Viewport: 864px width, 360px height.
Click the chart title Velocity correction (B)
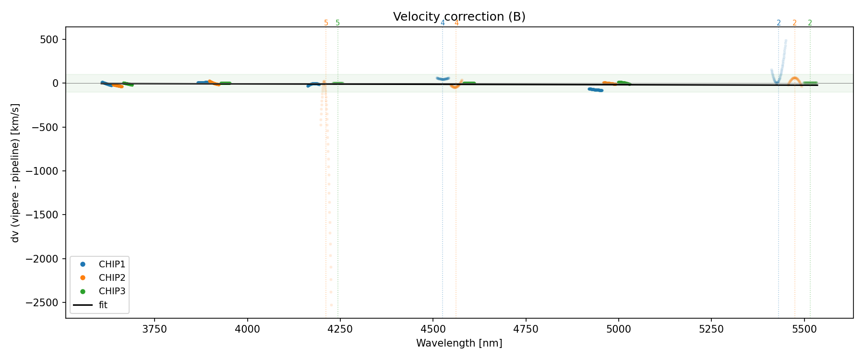[x=459, y=17]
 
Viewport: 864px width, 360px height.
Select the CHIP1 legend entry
[x=112, y=264]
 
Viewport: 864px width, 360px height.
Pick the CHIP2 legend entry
[x=112, y=278]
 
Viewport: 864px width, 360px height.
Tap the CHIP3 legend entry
[x=112, y=291]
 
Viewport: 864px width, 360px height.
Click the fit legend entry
[x=103, y=305]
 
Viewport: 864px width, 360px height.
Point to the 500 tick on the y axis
[x=48, y=39]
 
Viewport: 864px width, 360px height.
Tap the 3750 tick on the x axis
[x=155, y=329]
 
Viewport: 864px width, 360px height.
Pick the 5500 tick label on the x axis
[x=804, y=329]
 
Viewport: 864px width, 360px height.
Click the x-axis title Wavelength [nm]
[x=459, y=343]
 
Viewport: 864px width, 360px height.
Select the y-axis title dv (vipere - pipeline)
[x=15, y=173]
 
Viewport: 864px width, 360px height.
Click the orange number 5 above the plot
[x=326, y=23]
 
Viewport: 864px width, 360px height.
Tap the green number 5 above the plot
[x=337, y=23]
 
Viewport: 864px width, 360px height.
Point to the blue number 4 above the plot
[x=443, y=23]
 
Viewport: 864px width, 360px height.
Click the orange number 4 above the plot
[x=456, y=23]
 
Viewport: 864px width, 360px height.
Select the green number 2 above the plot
[x=810, y=23]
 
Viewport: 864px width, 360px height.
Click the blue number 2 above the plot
[x=779, y=23]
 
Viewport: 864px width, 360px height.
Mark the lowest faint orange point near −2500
[x=331, y=305]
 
